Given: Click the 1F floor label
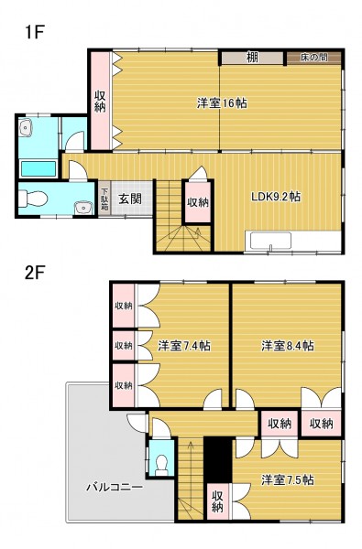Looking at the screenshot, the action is [x=34, y=33].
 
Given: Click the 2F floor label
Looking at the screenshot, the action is [x=35, y=273].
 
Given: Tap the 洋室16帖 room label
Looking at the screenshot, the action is [x=222, y=103].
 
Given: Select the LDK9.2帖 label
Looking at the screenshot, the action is [x=276, y=197].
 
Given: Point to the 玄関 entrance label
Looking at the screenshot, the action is [x=130, y=199].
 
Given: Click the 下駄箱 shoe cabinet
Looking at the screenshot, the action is [x=104, y=199].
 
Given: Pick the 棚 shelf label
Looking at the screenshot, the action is [x=252, y=58].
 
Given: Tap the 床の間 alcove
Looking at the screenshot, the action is [x=314, y=58].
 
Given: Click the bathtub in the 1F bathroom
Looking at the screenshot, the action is [x=38, y=168].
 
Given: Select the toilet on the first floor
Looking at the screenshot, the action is [x=33, y=199].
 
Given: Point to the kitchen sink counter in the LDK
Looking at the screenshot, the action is [x=269, y=241].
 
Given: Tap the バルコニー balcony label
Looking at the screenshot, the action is [x=115, y=487].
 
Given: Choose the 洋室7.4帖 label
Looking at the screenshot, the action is [x=184, y=346].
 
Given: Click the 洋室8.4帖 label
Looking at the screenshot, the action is [x=288, y=346].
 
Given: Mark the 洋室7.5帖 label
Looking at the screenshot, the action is [x=288, y=479].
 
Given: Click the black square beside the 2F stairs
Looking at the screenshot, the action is [x=218, y=459].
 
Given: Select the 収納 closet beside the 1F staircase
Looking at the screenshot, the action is [x=198, y=202].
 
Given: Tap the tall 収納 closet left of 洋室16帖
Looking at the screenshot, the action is [x=101, y=102].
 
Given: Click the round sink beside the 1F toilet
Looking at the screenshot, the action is [x=83, y=208].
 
